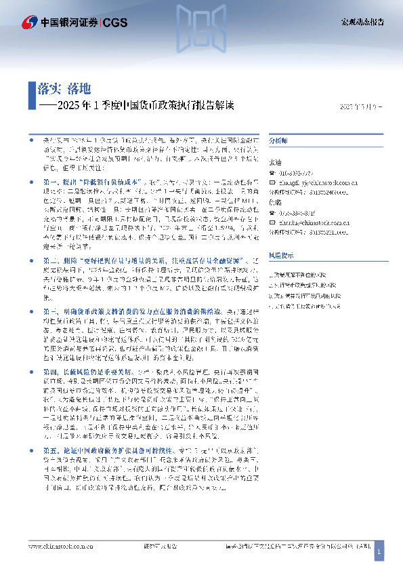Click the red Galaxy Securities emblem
click(29, 22)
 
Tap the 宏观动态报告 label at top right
click(362, 22)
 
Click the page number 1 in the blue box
click(379, 553)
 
